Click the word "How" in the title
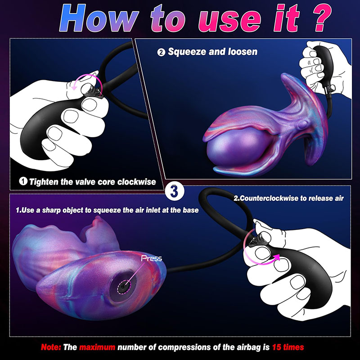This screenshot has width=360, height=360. tap(99, 18)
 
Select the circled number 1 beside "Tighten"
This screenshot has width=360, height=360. tap(23, 181)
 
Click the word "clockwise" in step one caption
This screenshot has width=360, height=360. tap(137, 182)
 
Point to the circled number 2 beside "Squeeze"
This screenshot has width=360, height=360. tap(161, 52)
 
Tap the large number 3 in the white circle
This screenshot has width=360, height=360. tap(174, 190)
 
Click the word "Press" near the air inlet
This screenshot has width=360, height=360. tap(152, 258)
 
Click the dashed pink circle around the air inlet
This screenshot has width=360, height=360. tap(124, 287)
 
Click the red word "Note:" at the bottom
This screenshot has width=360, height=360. tap(51, 347)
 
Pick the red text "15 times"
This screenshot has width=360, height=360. tap(288, 347)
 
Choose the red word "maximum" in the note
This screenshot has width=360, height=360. tap(97, 347)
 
